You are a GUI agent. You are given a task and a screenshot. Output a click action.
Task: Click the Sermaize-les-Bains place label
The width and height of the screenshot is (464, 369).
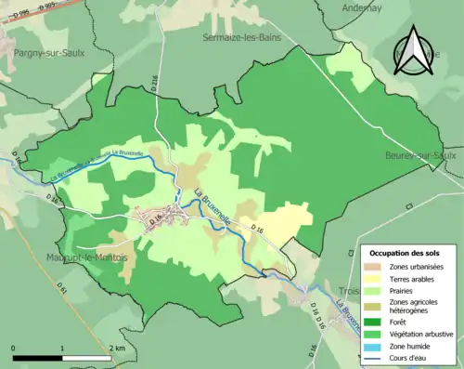(x=241, y=37)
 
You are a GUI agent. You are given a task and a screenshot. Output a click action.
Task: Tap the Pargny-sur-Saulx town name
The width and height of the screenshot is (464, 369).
(x=49, y=53)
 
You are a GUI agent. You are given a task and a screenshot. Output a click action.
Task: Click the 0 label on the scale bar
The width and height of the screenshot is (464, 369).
(x=14, y=348)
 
